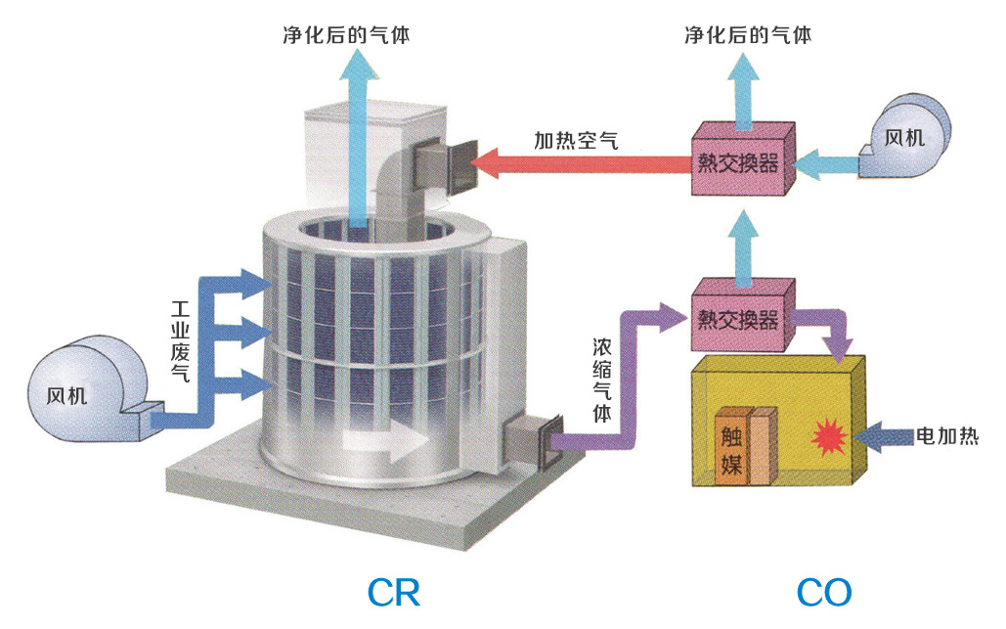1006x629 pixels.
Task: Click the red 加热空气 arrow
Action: click(x=587, y=162)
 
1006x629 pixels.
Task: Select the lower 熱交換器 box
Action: click(x=742, y=319)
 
